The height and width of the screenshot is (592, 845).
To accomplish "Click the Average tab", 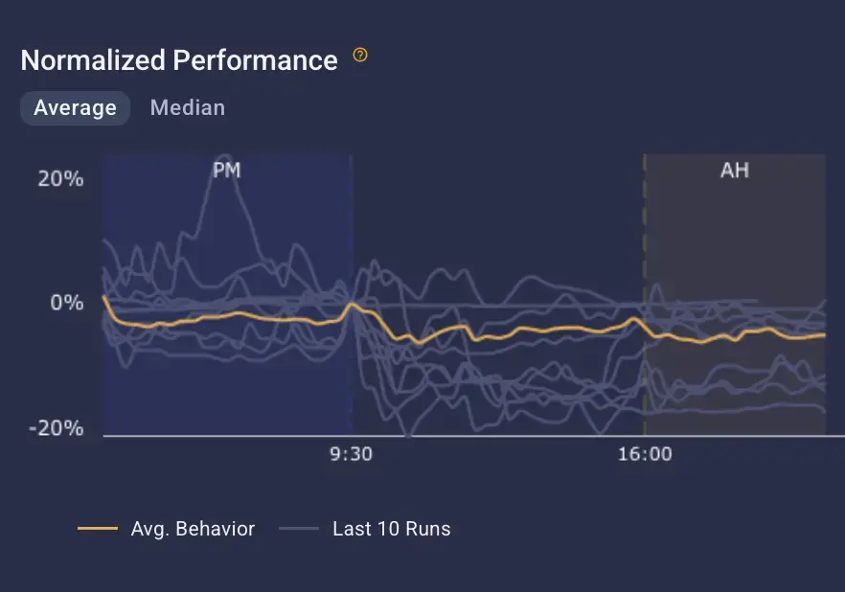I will (x=75, y=108).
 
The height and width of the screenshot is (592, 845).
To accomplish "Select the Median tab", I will (x=188, y=108).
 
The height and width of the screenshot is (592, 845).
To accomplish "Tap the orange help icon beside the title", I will (x=360, y=56).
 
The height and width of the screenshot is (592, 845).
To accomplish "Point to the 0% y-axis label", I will (x=67, y=303).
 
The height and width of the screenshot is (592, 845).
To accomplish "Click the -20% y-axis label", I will (x=57, y=428).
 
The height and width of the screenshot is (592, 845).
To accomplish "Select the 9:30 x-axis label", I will (x=352, y=454).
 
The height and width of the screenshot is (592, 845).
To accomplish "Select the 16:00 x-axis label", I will (x=645, y=454).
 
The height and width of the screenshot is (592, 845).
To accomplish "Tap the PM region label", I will (x=226, y=171).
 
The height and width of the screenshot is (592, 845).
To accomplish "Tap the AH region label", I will (x=734, y=171).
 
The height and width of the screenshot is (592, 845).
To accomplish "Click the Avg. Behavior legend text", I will (x=193, y=529).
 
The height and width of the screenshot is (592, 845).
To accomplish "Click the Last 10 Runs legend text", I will (x=391, y=529).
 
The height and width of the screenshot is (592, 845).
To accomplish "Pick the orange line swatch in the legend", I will (x=97, y=529).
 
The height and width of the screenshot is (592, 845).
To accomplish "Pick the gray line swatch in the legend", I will (x=299, y=529).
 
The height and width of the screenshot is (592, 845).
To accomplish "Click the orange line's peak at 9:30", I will (x=353, y=305).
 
